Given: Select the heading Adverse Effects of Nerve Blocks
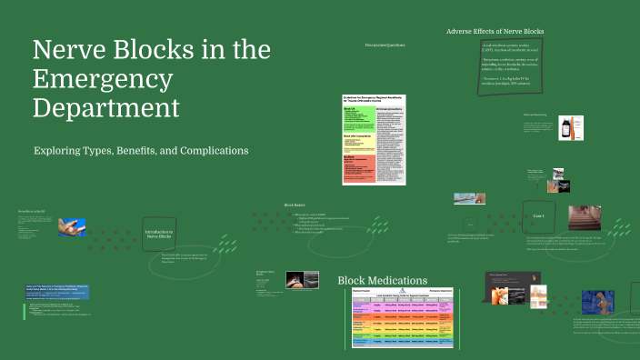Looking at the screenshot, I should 495,32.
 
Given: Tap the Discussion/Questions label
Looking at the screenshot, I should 385,44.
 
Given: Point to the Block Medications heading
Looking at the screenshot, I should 383,281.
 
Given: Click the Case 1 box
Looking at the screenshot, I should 538,216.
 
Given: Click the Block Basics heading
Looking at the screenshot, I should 295,205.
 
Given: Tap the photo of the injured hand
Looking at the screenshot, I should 73,225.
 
